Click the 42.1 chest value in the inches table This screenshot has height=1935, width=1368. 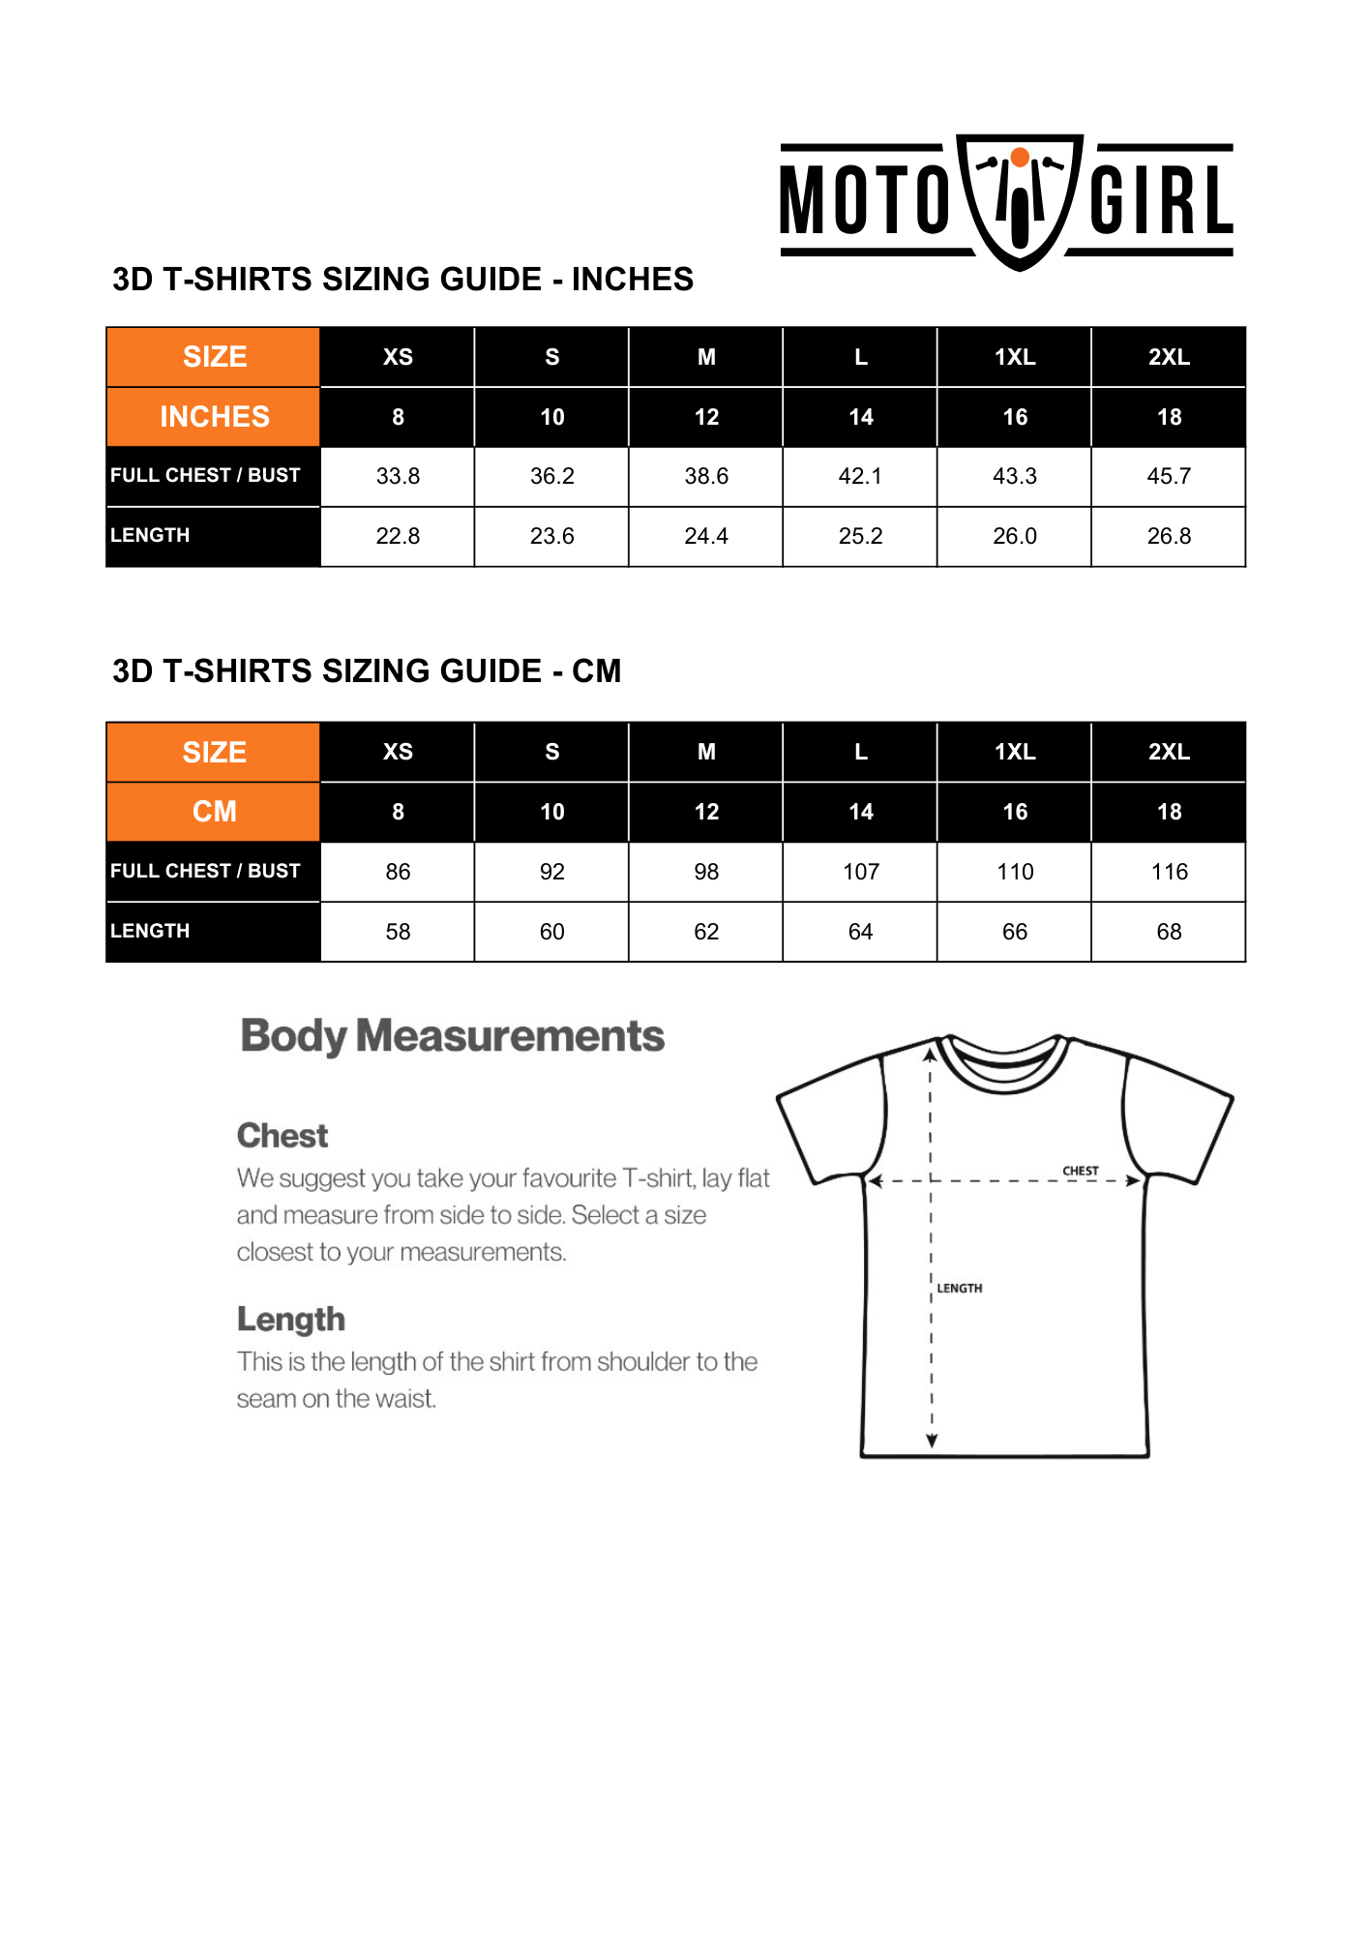860,476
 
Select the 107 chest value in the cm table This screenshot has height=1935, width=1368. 860,872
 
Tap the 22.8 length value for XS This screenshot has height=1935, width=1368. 398,536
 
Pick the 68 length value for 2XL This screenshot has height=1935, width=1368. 1169,932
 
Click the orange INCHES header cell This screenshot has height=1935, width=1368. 214,417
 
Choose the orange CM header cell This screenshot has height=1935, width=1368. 214,812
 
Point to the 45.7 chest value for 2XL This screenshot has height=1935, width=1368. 1169,476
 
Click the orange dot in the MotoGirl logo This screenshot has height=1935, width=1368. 1020,158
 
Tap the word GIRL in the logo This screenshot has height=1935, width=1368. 1161,201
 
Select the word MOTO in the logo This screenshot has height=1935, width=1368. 864,201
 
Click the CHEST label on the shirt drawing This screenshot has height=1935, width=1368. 1081,1171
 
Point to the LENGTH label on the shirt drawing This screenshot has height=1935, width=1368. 960,1289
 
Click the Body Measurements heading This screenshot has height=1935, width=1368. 452,1036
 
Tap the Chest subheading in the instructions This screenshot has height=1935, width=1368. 283,1136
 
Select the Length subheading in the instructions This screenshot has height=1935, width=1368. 291,1320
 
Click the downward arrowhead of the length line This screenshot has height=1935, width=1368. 932,1442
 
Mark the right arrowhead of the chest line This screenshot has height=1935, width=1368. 1134,1180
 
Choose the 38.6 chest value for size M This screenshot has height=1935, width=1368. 706,476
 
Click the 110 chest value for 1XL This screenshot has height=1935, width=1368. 1015,872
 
